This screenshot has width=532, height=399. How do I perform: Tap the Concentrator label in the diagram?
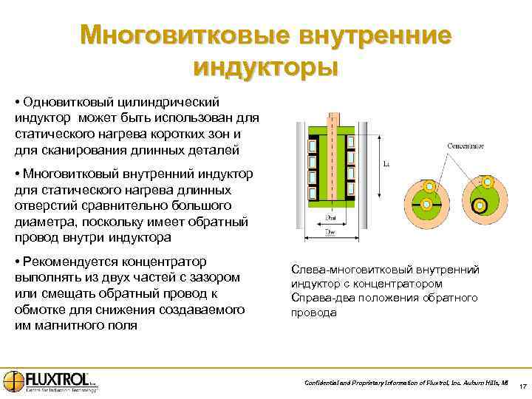[x=464, y=146]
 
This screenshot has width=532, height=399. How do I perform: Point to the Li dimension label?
[x=386, y=164]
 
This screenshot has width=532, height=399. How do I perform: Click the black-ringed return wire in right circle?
[x=480, y=206]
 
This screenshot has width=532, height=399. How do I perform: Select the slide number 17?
[x=522, y=387]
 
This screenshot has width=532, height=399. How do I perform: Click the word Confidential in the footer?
[x=324, y=383]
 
